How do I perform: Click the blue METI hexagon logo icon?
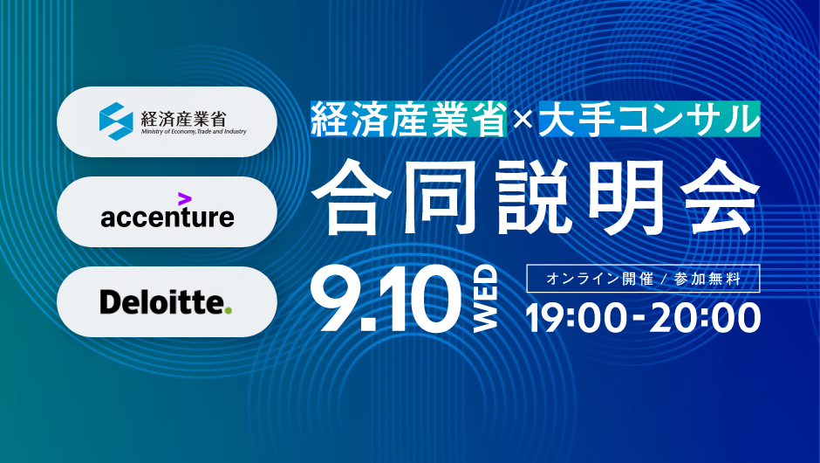116,121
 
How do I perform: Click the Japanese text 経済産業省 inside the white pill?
183,118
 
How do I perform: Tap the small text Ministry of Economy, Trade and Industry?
194,131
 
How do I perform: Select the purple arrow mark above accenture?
185,199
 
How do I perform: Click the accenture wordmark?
167,217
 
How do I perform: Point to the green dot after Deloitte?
228,311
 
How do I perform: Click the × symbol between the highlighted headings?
523,121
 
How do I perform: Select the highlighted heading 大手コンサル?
649,119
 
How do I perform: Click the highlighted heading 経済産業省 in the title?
408,119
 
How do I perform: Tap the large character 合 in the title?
351,197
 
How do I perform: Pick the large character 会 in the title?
720,197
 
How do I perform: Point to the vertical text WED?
485,299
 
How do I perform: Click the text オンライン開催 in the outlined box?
599,279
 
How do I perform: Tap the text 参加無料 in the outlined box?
707,279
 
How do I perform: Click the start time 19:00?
577,318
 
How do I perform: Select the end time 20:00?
705,318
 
